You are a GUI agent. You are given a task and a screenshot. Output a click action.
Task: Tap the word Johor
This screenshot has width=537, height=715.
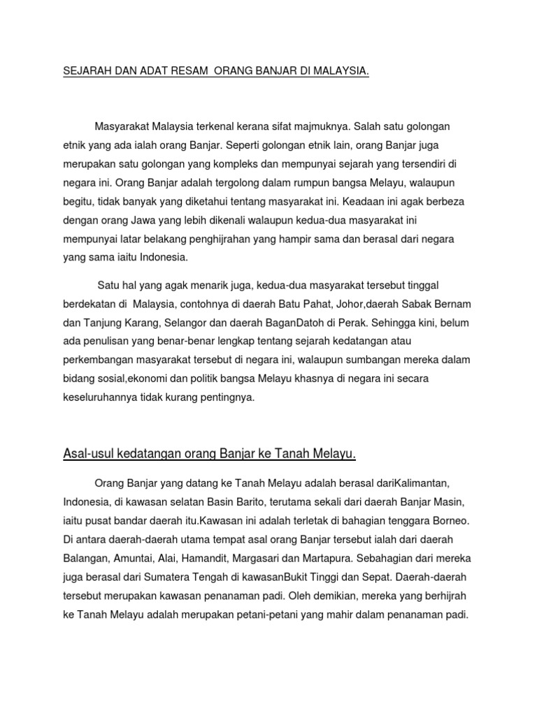pos(378,304)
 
